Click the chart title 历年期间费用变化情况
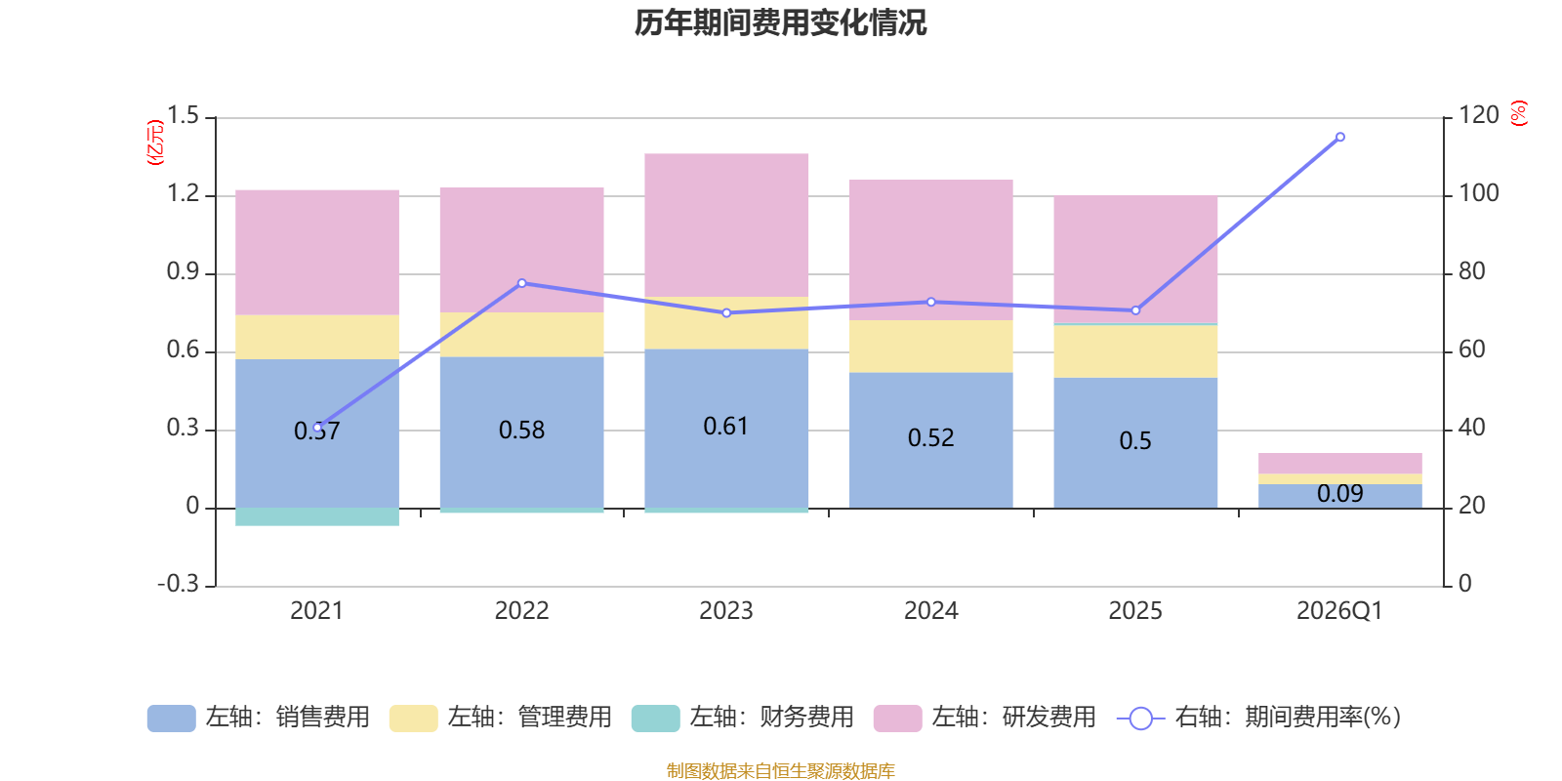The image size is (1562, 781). click(780, 22)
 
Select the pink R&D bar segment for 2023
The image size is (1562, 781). click(726, 225)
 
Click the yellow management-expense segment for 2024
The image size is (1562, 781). click(930, 346)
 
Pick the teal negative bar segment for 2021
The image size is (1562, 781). click(317, 516)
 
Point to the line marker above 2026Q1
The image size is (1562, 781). click(1339, 137)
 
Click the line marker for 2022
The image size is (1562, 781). click(521, 283)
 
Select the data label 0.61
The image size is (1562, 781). click(726, 427)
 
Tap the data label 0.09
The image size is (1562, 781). click(1339, 494)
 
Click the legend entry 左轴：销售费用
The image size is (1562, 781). click(259, 718)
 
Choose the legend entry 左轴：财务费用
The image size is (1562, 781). click(742, 718)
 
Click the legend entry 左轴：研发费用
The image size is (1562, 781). click(984, 718)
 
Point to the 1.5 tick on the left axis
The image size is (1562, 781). click(183, 116)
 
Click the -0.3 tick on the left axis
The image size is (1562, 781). click(178, 584)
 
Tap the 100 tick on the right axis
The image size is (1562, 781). click(1478, 193)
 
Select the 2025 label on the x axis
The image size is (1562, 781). click(1135, 611)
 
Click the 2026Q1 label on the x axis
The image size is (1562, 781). click(1339, 611)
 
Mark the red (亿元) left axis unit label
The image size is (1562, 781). click(154, 143)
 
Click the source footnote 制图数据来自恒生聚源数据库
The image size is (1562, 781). click(780, 771)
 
